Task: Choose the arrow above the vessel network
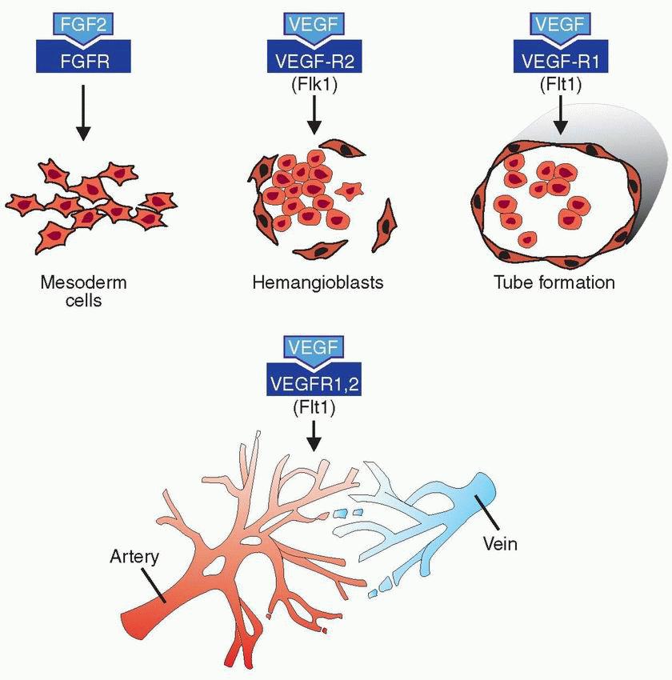coord(314,436)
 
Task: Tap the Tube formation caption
coord(554,282)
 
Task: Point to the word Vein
coord(501,545)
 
